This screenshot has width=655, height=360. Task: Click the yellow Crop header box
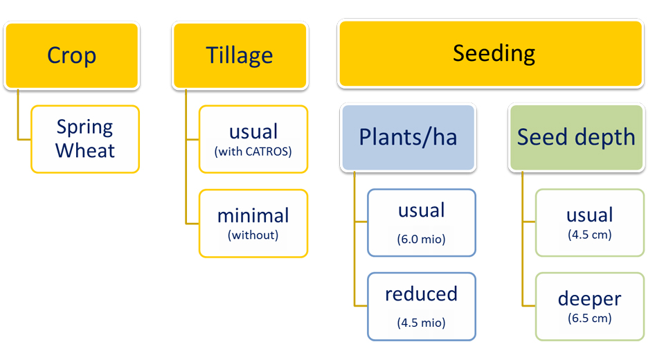(x=71, y=55)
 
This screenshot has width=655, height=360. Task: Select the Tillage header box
(x=240, y=55)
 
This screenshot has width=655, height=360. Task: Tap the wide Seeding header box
(x=490, y=53)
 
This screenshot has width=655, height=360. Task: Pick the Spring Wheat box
(x=85, y=139)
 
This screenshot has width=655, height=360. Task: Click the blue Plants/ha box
(x=408, y=137)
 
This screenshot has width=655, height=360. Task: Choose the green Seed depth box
(x=576, y=137)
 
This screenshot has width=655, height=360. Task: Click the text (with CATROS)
(x=253, y=151)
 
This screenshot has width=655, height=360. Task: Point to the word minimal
(x=253, y=215)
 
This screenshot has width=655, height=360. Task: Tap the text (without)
(x=253, y=235)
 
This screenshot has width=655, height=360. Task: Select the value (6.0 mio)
(x=421, y=239)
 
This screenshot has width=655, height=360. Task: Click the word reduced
(x=421, y=294)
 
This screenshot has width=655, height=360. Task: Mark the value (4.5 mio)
(x=421, y=323)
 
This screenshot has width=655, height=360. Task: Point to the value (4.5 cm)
(x=589, y=234)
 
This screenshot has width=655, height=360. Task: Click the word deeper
(x=589, y=298)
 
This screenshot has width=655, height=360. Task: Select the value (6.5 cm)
(x=589, y=318)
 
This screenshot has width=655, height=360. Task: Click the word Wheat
(x=85, y=150)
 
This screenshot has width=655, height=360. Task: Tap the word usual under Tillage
(x=253, y=132)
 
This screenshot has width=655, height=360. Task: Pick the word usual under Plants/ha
(x=421, y=210)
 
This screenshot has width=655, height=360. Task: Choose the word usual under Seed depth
(x=589, y=215)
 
